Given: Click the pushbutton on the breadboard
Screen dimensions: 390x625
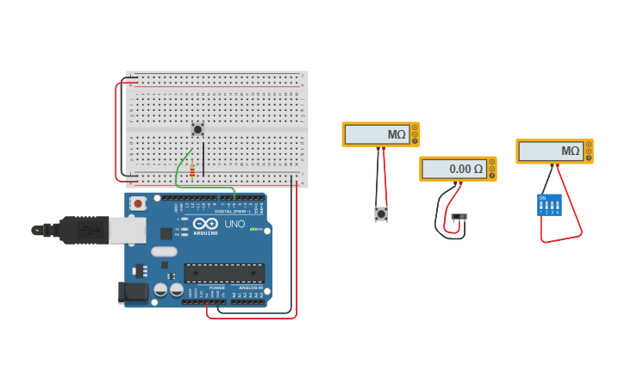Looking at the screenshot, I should (x=197, y=129).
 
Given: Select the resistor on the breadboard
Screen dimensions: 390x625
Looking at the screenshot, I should (x=192, y=170).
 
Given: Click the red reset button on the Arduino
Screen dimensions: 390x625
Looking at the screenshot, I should (x=137, y=204).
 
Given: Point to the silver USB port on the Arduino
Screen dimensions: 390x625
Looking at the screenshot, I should (x=127, y=230).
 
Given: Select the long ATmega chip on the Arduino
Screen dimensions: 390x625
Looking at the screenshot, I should (x=223, y=274).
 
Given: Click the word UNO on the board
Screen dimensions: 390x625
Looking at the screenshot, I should (x=235, y=224).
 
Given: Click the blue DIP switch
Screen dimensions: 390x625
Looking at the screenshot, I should (x=549, y=205).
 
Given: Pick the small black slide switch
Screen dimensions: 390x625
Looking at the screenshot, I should (x=459, y=216).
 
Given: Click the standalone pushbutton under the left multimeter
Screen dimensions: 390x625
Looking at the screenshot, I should (x=381, y=214).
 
